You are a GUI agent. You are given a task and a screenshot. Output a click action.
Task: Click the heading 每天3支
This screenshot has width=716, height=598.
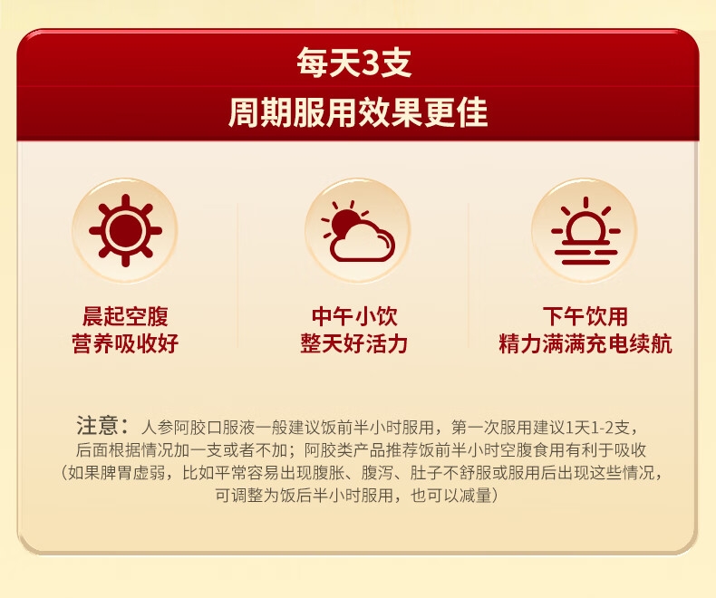(354, 63)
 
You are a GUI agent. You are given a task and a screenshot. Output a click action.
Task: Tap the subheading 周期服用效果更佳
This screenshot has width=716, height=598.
(358, 111)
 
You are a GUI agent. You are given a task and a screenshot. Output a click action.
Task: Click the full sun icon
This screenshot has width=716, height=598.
(125, 230)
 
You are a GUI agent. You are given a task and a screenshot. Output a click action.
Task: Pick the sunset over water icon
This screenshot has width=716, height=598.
(585, 231)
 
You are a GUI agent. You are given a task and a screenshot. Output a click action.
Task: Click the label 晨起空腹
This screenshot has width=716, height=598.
(125, 316)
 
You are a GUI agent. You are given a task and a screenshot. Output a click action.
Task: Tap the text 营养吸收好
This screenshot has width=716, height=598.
(125, 343)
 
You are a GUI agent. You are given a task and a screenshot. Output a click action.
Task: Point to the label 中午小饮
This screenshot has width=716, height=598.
(354, 316)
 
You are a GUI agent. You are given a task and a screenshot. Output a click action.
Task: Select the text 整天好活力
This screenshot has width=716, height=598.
(354, 343)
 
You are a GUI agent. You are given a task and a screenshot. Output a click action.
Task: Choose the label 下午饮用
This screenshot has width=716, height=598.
(585, 316)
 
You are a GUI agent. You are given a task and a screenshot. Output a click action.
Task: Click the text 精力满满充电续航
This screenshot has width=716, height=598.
(585, 343)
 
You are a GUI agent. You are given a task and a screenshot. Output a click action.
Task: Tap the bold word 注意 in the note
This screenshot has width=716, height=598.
(97, 426)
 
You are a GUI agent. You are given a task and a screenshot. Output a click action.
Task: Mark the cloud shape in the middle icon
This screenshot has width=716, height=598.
(363, 241)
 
